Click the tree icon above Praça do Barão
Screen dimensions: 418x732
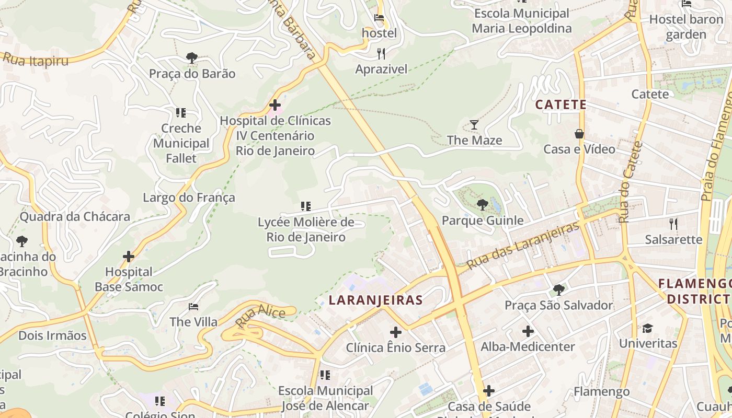pos(192,57)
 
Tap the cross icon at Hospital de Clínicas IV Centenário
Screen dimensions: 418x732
pos(275,105)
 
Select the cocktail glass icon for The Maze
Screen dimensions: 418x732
pos(474,124)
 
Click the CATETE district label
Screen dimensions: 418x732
pos(561,104)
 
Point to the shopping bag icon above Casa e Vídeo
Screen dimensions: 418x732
pos(579,134)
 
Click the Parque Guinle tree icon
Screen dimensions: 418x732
pos(482,205)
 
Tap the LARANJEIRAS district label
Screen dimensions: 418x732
pos(375,300)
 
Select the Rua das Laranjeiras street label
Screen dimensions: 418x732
pos(523,245)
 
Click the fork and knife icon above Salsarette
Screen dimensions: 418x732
pos(673,224)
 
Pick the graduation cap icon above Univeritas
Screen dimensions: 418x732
pos(648,328)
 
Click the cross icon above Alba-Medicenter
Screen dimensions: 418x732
pos(528,331)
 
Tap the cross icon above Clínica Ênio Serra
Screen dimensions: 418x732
pos(396,332)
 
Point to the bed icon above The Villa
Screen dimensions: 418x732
pos(193,307)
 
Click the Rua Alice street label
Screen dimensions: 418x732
pos(260,316)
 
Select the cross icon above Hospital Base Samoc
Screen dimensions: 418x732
pos(129,257)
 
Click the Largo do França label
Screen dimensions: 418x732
pos(189,198)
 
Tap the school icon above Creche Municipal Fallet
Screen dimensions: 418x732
pos(181,113)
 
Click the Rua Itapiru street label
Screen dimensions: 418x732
pos(36,59)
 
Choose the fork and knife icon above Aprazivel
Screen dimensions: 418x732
pos(381,53)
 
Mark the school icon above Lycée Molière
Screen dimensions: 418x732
pos(306,207)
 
